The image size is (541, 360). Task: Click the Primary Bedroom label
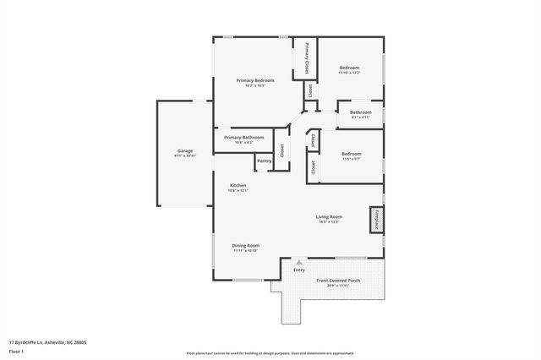255,80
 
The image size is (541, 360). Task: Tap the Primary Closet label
306,57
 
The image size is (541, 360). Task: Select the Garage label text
184,150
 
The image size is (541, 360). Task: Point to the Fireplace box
373,219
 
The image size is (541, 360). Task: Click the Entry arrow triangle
298,263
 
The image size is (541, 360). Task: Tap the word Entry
299,270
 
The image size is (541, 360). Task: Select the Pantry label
264,161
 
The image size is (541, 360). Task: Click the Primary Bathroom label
243,137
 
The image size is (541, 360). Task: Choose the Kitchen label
238,185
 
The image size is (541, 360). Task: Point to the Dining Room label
246,245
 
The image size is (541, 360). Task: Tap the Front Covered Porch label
337,281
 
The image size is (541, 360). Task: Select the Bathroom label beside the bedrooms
361,112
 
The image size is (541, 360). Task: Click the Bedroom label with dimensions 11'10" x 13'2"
350,68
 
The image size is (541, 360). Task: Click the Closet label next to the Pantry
282,149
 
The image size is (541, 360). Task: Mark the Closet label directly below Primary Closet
310,90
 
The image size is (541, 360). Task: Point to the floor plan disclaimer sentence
270,352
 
